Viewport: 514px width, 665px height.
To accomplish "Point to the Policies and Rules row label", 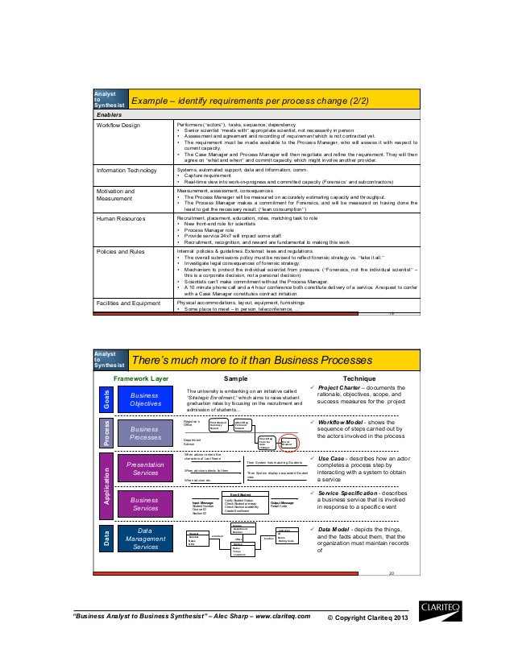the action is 121,251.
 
